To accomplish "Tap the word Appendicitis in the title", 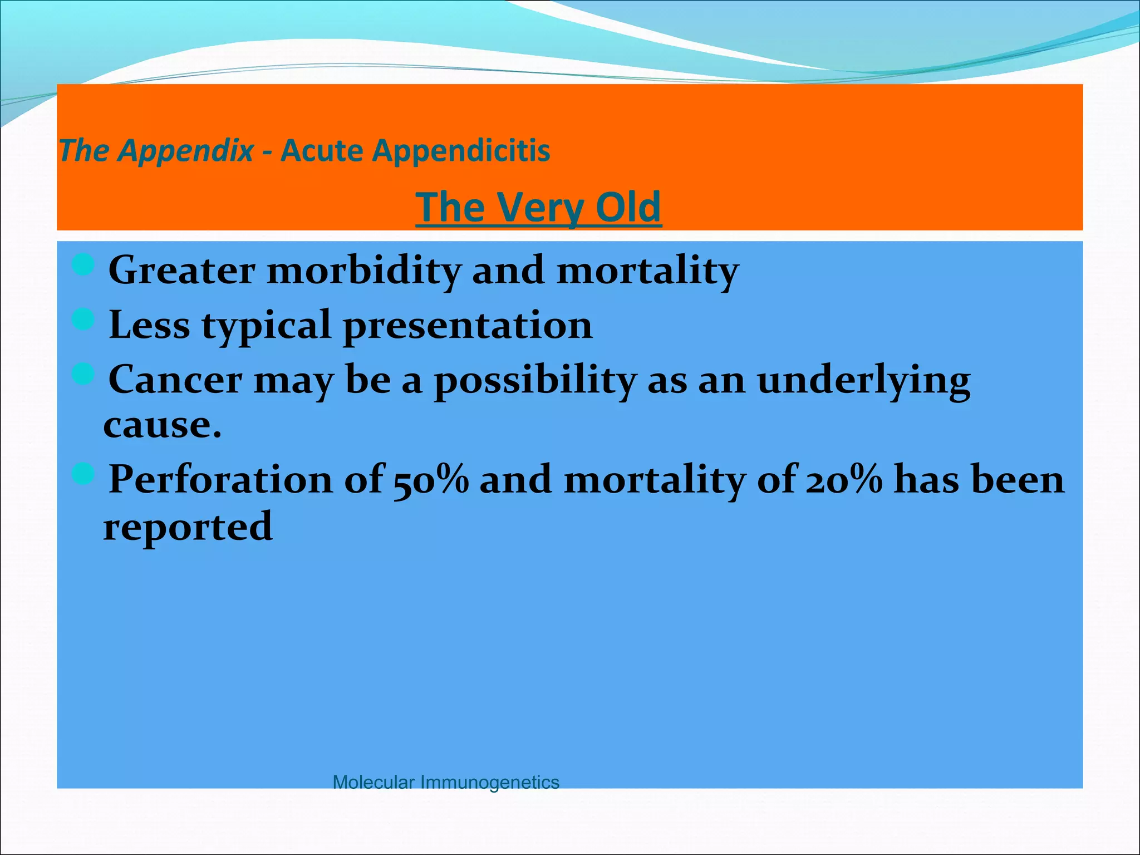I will click(461, 151).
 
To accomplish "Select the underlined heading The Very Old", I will click(538, 207).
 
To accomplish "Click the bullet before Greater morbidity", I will click(83, 264).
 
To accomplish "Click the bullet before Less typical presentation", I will click(83, 320).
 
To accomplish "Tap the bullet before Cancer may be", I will click(83, 374).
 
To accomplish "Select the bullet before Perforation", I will click(83, 474).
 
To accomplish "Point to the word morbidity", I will click(365, 271).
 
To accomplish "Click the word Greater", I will click(181, 271).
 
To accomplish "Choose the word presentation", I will click(468, 325).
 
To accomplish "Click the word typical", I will click(266, 326).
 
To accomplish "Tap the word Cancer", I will click(175, 380).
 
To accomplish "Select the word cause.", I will click(161, 426).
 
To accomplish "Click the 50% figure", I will click(431, 480).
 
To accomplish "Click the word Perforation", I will click(220, 480).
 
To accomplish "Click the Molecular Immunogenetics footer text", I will click(445, 782).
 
